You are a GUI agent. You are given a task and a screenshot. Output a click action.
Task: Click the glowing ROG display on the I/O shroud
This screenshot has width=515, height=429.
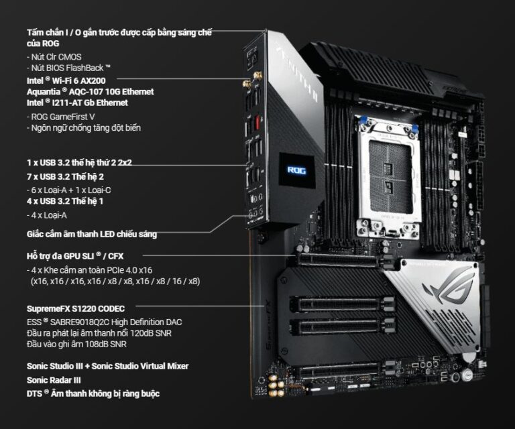(x=296, y=170)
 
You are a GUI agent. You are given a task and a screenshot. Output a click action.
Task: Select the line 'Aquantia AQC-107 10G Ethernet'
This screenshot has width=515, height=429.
(x=90, y=91)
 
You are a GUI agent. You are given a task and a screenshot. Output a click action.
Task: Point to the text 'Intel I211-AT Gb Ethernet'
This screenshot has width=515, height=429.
(x=77, y=103)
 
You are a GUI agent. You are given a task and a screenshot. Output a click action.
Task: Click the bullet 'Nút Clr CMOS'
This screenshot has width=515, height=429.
(x=54, y=57)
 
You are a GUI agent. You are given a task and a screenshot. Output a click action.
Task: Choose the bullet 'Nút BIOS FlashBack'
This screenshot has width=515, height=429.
(x=68, y=68)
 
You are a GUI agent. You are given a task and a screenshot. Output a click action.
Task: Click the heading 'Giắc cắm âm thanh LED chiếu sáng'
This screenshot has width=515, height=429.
(x=92, y=235)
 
